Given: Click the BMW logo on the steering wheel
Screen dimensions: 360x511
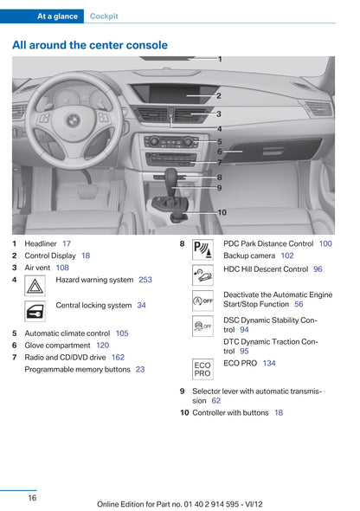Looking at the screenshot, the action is [74, 120].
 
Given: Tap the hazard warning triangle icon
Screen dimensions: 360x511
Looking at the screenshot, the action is [35, 286].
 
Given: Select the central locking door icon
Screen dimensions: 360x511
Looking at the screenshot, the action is [35, 311].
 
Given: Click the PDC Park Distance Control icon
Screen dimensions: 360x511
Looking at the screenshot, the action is [202, 249].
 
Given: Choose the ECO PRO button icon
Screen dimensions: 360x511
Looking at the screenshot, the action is [202, 369].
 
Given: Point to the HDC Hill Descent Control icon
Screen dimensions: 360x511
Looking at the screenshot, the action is [202, 275].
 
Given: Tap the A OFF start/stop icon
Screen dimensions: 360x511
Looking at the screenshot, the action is [202, 301].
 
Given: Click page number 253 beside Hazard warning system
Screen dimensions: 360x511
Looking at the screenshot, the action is [145, 280].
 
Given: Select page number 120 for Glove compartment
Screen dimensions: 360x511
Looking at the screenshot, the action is [102, 345].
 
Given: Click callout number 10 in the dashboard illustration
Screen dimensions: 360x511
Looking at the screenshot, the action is [222, 212].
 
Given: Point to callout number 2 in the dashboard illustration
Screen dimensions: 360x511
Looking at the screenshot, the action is [219, 96].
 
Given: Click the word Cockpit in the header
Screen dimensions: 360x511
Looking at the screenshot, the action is [104, 16].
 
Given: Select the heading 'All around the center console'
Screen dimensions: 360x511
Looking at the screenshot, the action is [90, 45].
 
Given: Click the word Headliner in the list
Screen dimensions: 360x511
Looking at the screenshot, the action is [41, 243].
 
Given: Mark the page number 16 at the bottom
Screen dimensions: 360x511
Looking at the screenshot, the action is [32, 498].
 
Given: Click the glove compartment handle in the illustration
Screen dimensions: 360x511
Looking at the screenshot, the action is [273, 151].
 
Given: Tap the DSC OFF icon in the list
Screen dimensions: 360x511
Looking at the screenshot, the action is [202, 326].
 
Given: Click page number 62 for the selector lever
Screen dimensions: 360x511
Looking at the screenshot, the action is [216, 400].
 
